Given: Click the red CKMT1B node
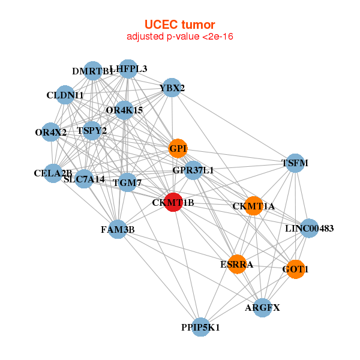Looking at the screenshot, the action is [173, 202].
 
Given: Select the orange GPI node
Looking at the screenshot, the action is [178, 148].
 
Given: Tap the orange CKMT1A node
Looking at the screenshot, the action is [254, 206].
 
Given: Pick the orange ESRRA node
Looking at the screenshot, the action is [237, 264].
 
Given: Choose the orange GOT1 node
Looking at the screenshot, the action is [295, 269].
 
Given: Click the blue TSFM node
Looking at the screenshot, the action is [295, 163].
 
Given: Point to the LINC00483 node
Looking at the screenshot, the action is [309, 228].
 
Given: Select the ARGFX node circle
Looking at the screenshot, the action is [262, 308].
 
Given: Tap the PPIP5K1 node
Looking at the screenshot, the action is [201, 327].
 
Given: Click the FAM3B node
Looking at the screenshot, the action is [118, 229].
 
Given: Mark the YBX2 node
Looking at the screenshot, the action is [172, 88].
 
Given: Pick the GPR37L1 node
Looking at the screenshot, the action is [193, 170].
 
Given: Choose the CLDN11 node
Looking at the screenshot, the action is [65, 95].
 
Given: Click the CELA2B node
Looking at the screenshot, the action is [53, 173].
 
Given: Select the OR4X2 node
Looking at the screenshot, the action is [51, 132].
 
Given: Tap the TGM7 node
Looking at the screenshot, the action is [127, 182].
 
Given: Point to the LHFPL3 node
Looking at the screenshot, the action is [128, 69].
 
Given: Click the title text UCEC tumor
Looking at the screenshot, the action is [179, 25].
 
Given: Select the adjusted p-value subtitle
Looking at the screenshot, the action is [179, 37].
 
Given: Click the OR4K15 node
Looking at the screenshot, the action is [124, 110].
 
